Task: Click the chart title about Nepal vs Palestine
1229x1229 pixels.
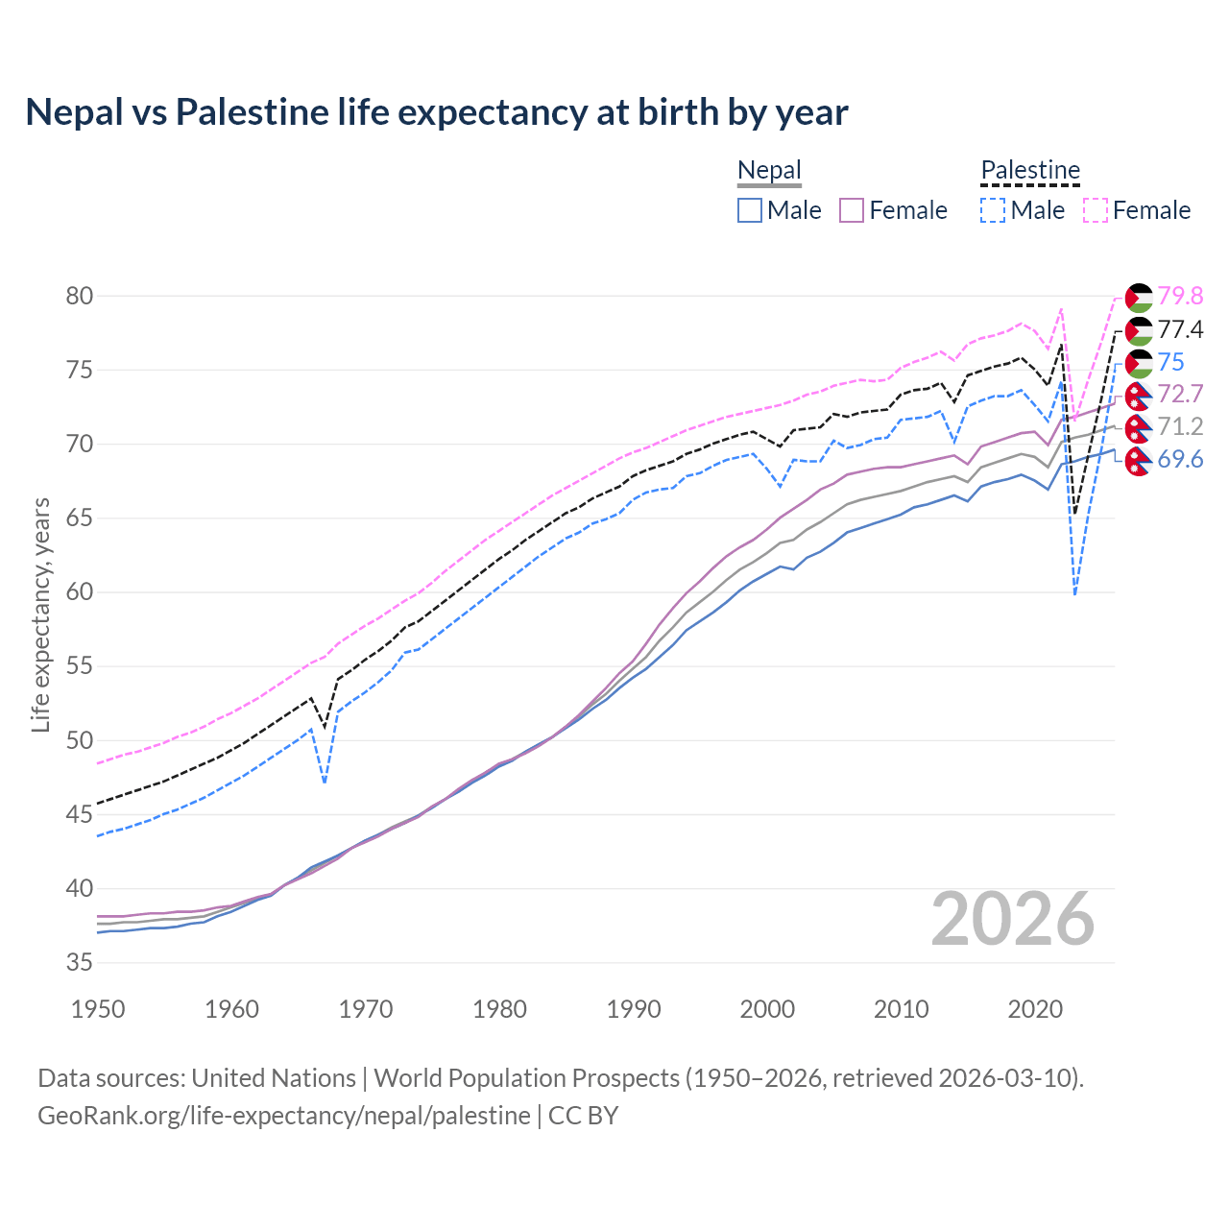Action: click(437, 112)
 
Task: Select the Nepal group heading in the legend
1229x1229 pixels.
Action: click(769, 171)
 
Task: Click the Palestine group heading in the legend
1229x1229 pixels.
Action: click(1030, 171)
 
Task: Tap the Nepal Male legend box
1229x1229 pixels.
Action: click(750, 210)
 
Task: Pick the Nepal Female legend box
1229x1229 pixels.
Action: click(853, 210)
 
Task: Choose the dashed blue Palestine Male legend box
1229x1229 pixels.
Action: click(993, 210)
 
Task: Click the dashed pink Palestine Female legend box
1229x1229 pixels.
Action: click(1096, 210)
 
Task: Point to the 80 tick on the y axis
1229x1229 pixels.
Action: click(80, 296)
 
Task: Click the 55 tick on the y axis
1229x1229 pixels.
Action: click(80, 666)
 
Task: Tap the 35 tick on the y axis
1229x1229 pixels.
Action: click(80, 962)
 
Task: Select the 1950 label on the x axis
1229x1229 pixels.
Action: click(98, 1009)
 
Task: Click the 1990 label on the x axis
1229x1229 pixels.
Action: click(634, 1009)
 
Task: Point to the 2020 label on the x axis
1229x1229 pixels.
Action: click(1035, 1009)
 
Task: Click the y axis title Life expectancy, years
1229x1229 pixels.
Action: click(40, 614)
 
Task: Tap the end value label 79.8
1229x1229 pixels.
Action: click(1180, 296)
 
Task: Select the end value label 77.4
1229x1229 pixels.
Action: click(1180, 329)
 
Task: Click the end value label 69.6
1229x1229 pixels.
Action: click(1180, 459)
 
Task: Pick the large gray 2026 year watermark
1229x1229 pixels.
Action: click(1013, 919)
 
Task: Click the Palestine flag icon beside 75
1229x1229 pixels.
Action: click(1139, 363)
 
